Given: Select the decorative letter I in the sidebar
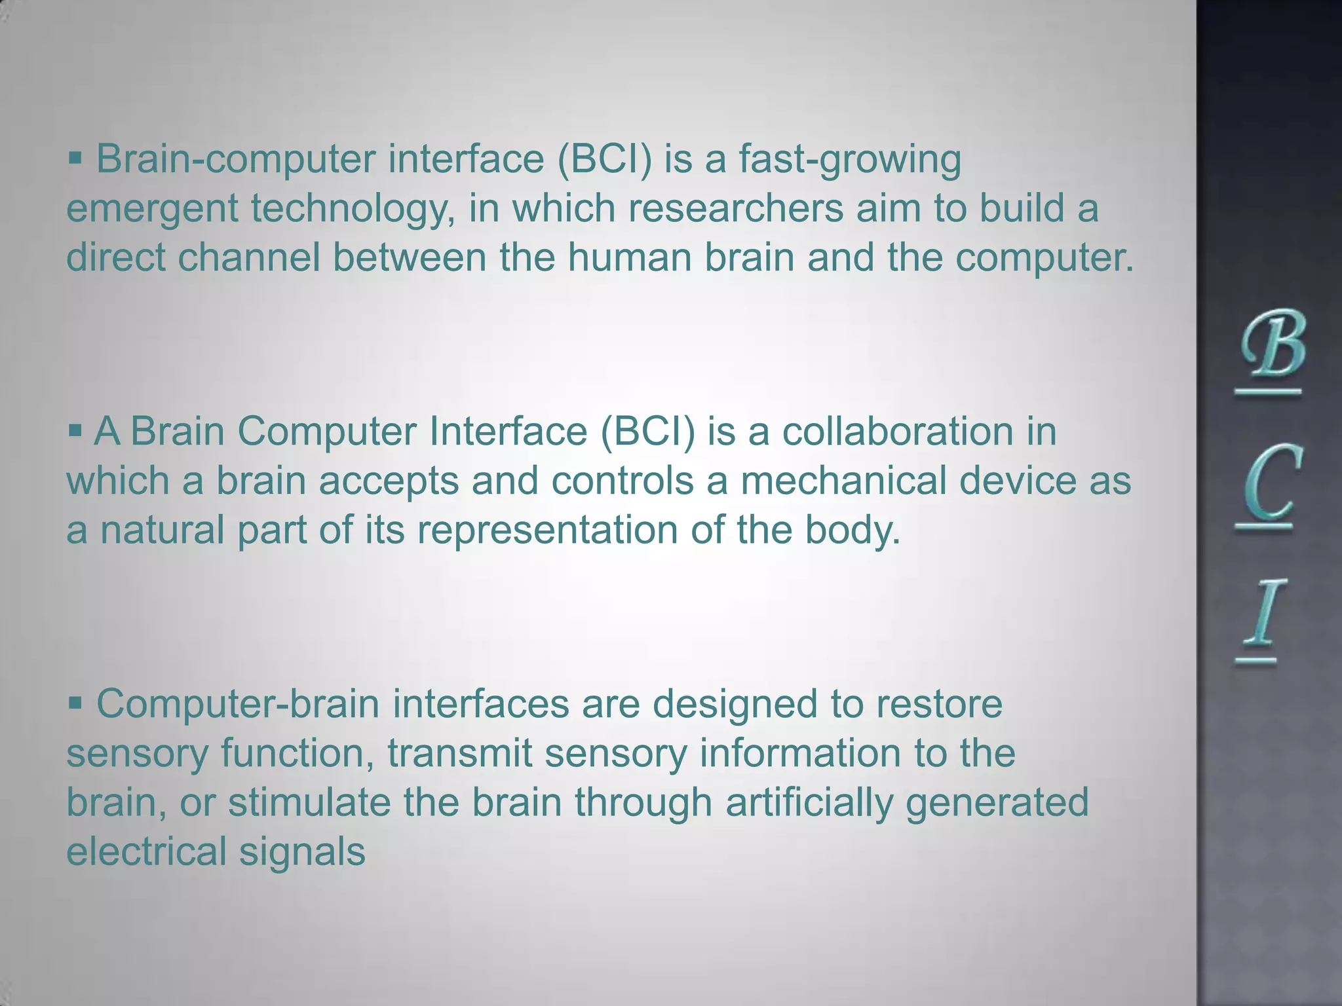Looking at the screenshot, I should (x=1259, y=612).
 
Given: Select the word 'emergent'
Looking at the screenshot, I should (x=152, y=210).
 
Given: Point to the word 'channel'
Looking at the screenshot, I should (x=249, y=257).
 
